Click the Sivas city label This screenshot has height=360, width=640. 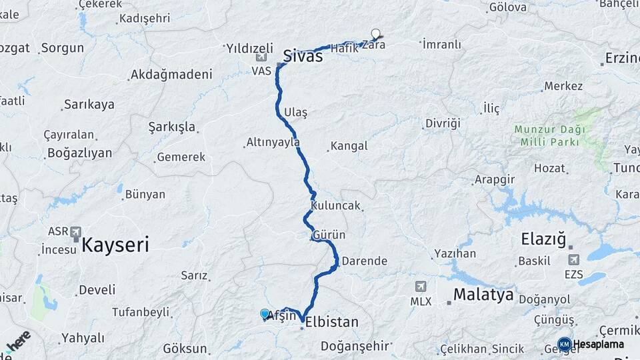point(303,56)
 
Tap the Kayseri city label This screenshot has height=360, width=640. point(115,245)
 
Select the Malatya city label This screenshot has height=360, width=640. point(483,294)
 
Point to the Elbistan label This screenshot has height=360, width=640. point(331,322)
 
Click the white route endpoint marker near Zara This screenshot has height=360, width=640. point(376,33)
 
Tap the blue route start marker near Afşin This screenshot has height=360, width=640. point(265,314)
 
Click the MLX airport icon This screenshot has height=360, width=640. point(421,287)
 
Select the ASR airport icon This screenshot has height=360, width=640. point(75,232)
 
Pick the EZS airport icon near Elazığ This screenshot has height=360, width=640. point(573,259)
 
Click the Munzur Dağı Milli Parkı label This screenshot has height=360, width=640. point(549,135)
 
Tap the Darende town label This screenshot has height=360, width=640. point(365,261)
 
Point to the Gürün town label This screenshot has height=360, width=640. point(329,235)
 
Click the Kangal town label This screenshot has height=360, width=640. point(349,145)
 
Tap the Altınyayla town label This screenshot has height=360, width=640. point(273,142)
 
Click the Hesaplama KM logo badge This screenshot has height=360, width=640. point(565,344)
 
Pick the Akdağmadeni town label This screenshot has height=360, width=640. point(171,74)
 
